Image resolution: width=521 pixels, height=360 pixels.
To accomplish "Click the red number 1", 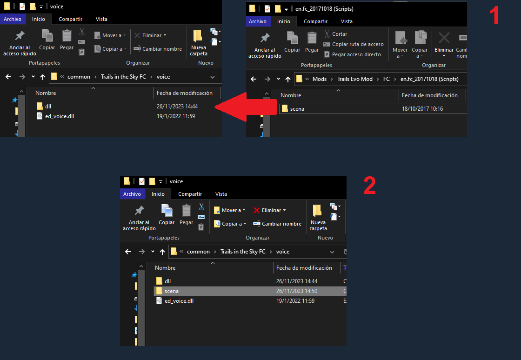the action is coord(494,16).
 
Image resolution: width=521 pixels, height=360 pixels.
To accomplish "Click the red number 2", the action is coord(369,186).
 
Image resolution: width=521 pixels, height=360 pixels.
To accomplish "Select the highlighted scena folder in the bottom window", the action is coord(172,291).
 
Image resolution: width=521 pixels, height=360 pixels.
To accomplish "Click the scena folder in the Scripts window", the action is coord(297,109).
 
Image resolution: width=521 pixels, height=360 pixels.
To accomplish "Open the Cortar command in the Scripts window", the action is coord(335,34).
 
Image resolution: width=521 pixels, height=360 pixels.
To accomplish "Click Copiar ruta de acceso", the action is coord(354,44).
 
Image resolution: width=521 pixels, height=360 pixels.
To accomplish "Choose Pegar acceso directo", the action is coord(352,54).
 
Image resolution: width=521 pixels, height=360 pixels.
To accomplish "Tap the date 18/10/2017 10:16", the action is coord(422,109).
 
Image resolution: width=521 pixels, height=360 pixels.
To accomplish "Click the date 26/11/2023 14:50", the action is coord(297,291).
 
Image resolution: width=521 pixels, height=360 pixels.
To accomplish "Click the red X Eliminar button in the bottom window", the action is coord(270,210).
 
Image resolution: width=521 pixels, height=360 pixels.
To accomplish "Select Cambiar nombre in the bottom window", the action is coord(277,224).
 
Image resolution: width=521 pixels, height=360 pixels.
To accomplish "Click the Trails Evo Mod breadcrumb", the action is coord(355,79).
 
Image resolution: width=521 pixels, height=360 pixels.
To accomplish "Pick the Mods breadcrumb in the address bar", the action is coord(319,79).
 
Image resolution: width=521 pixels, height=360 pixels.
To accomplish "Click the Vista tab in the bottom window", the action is coord(221,194).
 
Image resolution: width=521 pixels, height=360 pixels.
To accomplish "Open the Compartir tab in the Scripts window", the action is coord(316,21).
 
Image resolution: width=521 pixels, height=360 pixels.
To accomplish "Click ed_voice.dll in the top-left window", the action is coord(60,116).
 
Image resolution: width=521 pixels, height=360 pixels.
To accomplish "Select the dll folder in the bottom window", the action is coord(167,281).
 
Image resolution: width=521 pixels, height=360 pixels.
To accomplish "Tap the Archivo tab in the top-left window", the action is coord(13,19).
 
